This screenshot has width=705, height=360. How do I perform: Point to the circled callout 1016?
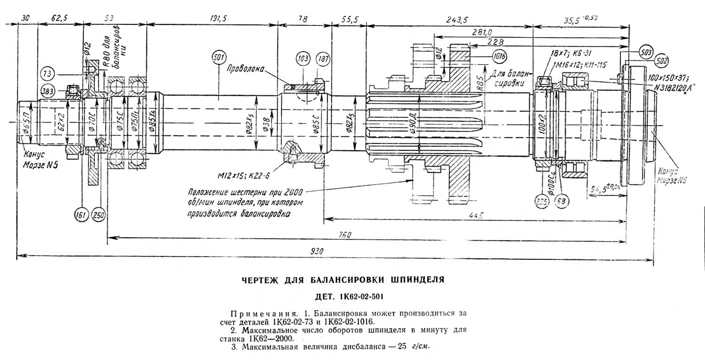tap(499, 57)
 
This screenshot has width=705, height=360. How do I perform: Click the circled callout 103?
tap(303, 60)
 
